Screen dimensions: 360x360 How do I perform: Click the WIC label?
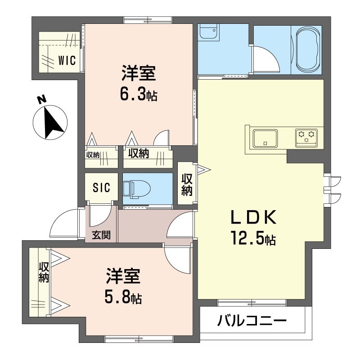(67, 61)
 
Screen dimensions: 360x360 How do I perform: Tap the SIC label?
(101, 187)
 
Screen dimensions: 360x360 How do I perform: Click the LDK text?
(253, 217)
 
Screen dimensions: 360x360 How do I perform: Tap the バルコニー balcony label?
(252, 321)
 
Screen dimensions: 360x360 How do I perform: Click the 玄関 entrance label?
(101, 235)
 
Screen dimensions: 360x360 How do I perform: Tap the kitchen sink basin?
(265, 138)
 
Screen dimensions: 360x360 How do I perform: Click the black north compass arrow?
(53, 123)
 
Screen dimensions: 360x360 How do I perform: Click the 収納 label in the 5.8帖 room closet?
(44, 272)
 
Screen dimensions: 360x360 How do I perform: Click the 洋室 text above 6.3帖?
(139, 73)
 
